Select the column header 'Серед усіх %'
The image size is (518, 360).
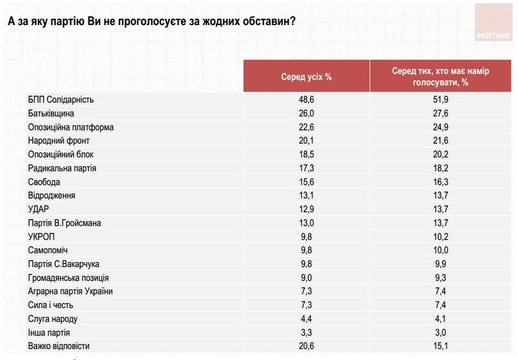[306, 76]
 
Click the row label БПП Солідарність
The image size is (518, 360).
[61, 100]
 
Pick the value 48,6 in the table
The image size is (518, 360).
[306, 100]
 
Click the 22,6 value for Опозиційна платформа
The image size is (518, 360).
[306, 127]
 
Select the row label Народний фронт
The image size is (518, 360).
[58, 141]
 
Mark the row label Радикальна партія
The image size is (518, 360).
[62, 168]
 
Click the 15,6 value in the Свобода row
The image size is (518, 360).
[306, 182]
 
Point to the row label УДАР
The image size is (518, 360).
[39, 210]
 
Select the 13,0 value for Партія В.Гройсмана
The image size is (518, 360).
[306, 223]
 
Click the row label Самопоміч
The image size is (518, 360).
[48, 250]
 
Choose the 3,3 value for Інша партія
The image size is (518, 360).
[306, 333]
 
